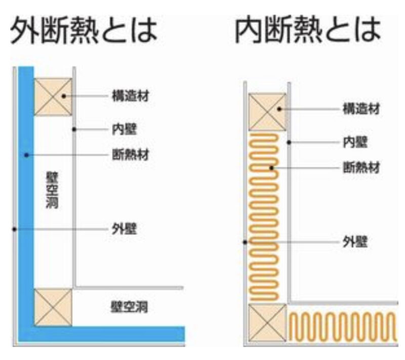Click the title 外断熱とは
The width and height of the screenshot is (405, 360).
click(x=84, y=30)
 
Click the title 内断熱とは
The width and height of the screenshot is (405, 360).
click(x=308, y=30)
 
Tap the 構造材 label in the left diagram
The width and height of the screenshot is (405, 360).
click(x=131, y=96)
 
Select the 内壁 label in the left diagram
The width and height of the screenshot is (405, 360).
click(x=124, y=129)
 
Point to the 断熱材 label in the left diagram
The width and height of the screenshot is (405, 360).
click(x=131, y=155)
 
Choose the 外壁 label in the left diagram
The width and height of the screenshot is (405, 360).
click(x=124, y=229)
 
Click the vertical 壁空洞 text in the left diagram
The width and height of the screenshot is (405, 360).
click(x=52, y=190)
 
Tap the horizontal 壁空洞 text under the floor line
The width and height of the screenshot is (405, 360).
click(x=129, y=307)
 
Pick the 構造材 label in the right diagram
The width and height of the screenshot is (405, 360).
click(x=361, y=109)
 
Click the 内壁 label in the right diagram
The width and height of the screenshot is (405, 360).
click(x=355, y=142)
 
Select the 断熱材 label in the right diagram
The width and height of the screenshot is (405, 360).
click(x=361, y=168)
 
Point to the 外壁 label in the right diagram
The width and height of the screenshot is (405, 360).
click(x=355, y=242)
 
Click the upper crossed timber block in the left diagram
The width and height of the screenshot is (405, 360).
click(x=53, y=97)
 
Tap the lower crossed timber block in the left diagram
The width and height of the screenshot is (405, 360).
click(x=53, y=307)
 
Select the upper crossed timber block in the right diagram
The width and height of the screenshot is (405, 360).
click(x=268, y=112)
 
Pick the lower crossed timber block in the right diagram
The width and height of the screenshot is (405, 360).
click(x=268, y=323)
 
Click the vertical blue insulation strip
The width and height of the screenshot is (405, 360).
click(x=26, y=196)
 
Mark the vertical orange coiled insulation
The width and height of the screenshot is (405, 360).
click(x=264, y=217)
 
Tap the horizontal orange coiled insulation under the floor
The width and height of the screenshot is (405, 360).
click(x=343, y=327)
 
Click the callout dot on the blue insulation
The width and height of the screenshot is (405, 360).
click(x=26, y=155)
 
